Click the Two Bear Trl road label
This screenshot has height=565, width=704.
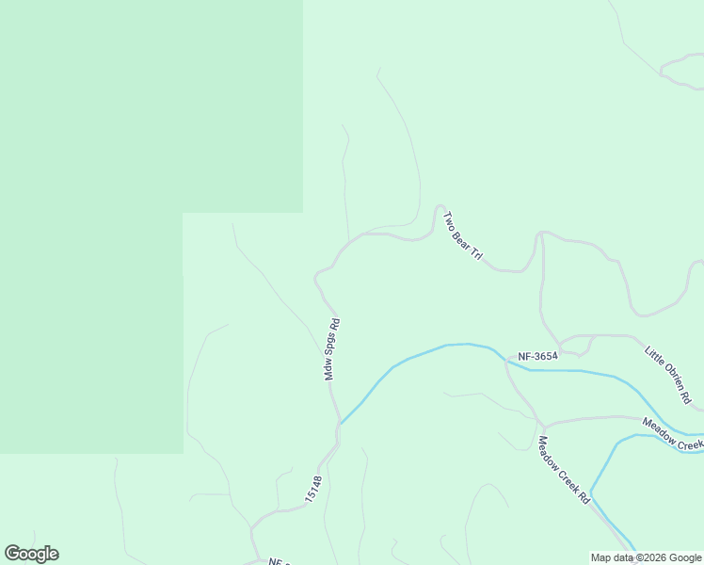pyautogui.click(x=463, y=235)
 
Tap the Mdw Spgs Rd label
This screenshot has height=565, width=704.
pyautogui.click(x=331, y=349)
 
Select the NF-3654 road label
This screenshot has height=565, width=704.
pyautogui.click(x=538, y=356)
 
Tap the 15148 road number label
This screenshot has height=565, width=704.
pyautogui.click(x=313, y=488)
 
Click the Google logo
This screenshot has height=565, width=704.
pyautogui.click(x=31, y=554)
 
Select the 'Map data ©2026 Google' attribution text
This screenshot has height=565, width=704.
pyautogui.click(x=647, y=557)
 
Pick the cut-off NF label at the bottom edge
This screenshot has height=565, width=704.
pyautogui.click(x=276, y=561)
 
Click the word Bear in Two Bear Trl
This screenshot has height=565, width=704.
pyautogui.click(x=462, y=235)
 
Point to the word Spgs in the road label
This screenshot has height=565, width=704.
pyautogui.click(x=332, y=346)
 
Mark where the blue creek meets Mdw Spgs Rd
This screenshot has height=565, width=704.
pyautogui.click(x=340, y=423)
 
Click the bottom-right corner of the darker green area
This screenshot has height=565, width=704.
pyautogui.click(x=183, y=453)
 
